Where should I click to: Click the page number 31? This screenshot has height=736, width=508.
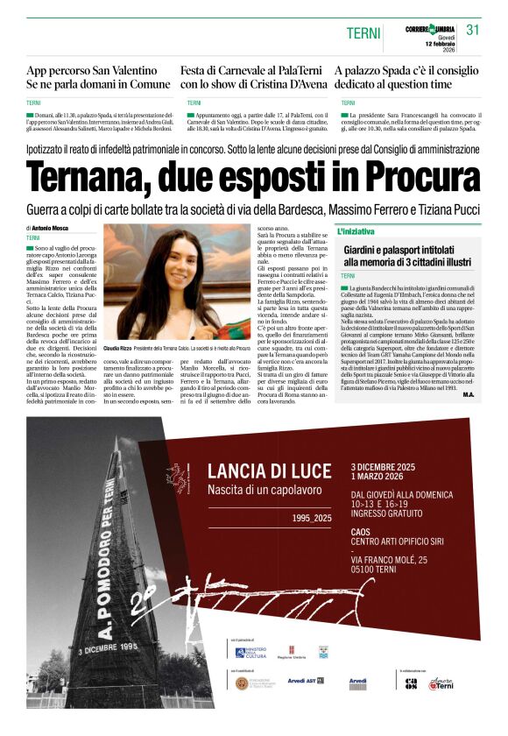(x=473, y=30)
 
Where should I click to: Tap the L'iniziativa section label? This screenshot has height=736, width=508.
(x=356, y=231)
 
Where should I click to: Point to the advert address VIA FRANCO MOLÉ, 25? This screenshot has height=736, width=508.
(x=401, y=559)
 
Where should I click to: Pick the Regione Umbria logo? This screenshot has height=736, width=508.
(x=289, y=652)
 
